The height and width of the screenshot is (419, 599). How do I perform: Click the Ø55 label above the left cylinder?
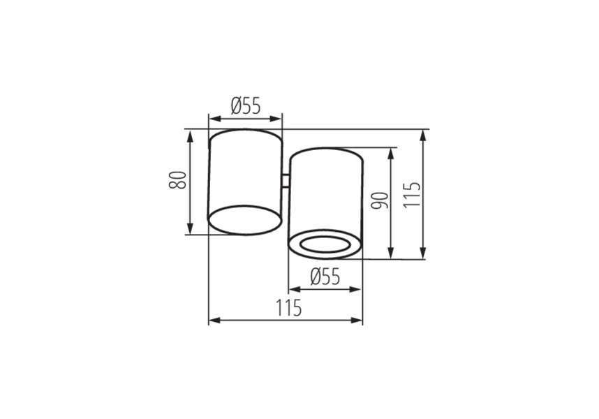[246, 106]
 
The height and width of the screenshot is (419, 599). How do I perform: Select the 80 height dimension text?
[177, 180]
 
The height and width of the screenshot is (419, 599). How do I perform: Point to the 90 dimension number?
[380, 201]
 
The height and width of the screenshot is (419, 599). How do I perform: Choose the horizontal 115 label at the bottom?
[289, 308]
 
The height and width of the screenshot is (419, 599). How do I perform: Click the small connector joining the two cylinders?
[286, 181]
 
